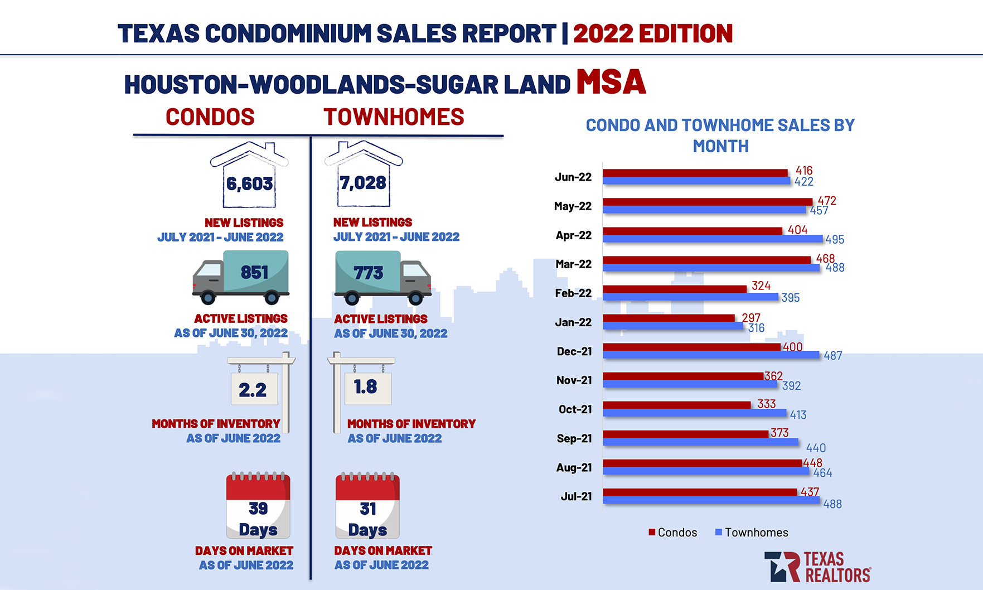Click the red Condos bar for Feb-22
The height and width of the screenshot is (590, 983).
tap(675, 289)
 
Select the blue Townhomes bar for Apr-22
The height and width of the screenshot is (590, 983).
tap(713, 239)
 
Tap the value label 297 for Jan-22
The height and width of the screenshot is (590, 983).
tap(751, 318)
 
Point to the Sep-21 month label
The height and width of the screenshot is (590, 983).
tap(574, 438)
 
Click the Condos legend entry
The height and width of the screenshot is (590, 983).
tap(672, 533)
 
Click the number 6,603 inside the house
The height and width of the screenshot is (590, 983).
tap(249, 183)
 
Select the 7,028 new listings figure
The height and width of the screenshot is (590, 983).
tap(363, 183)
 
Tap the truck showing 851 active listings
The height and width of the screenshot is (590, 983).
tap(241, 276)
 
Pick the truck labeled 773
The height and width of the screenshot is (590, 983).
tap(382, 276)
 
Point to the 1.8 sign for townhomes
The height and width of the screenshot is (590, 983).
tap(366, 386)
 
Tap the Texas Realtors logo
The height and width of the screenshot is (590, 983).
tap(817, 567)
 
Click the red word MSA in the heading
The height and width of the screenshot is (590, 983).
tap(611, 83)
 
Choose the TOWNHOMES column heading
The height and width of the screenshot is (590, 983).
tap(394, 117)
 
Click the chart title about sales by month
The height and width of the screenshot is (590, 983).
tap(720, 136)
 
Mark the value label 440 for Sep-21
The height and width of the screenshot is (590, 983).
tap(816, 448)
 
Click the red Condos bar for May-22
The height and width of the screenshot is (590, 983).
tap(708, 202)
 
